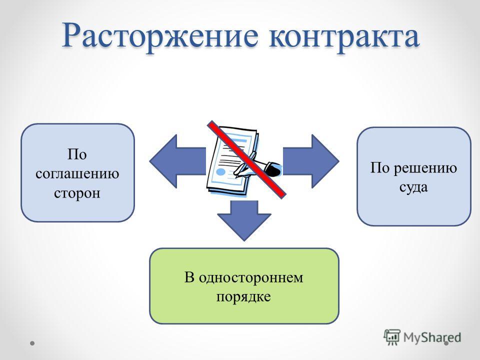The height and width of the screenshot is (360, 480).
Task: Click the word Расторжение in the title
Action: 160,36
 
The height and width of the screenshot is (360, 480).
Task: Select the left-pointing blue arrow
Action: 178,161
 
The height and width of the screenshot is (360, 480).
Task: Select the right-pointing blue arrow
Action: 310,161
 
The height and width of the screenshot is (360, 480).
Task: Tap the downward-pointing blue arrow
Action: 244,220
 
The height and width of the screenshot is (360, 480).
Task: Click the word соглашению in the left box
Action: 77,174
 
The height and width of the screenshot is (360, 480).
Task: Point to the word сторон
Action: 77,193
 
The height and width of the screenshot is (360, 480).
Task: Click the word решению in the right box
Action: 425,168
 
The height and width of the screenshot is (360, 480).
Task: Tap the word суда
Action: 413,187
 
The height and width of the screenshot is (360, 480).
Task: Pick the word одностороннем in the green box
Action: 251,277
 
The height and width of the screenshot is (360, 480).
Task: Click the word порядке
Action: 243,296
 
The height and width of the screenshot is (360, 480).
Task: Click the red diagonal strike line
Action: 246,159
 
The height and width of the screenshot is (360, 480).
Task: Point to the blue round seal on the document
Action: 220,171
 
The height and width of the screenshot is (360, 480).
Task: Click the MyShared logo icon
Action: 392,337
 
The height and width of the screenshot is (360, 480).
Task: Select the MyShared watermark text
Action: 432,337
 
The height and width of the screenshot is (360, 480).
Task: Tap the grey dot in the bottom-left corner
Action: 32,343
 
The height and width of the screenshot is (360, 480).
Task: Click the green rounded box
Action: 244,286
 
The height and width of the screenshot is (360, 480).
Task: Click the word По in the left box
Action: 77,154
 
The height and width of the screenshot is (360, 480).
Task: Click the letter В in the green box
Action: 189,277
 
